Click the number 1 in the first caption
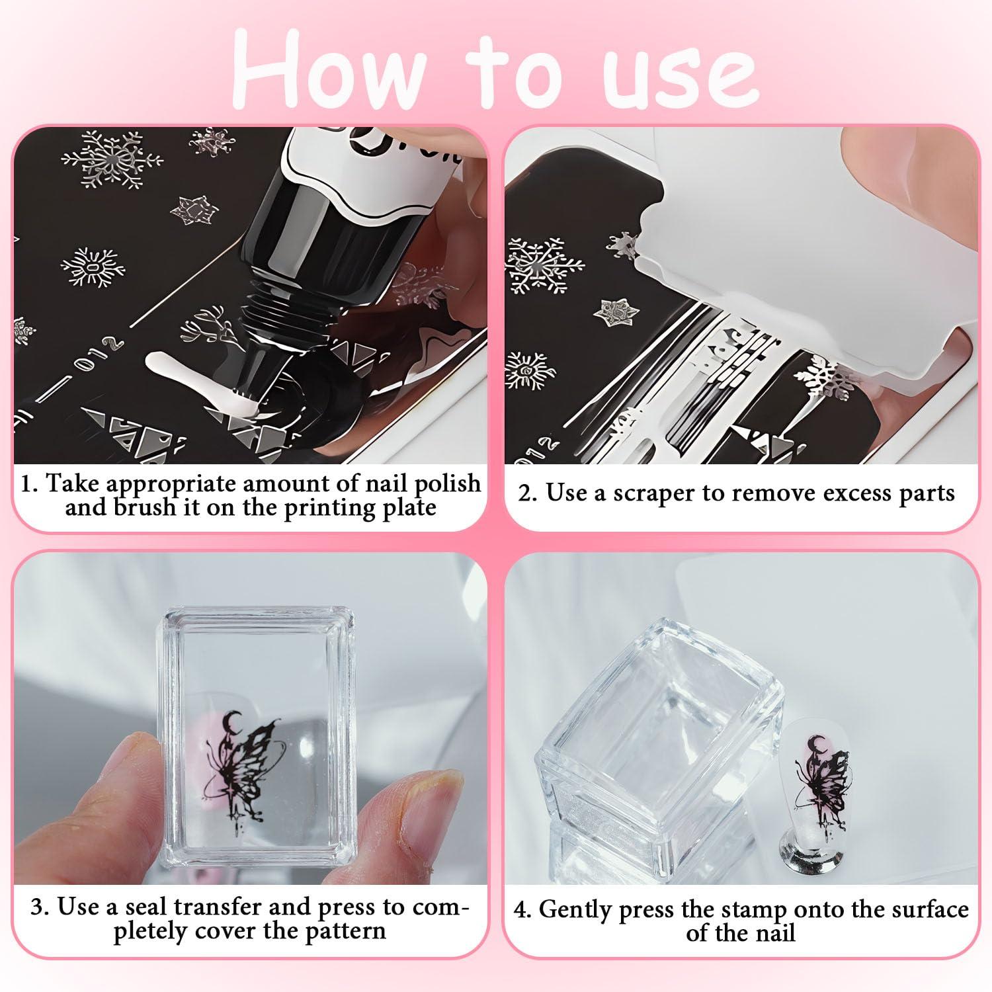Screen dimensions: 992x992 (27, 483)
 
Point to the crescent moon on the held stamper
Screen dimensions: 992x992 (233, 722)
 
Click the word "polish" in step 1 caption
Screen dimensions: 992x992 (448, 483)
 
